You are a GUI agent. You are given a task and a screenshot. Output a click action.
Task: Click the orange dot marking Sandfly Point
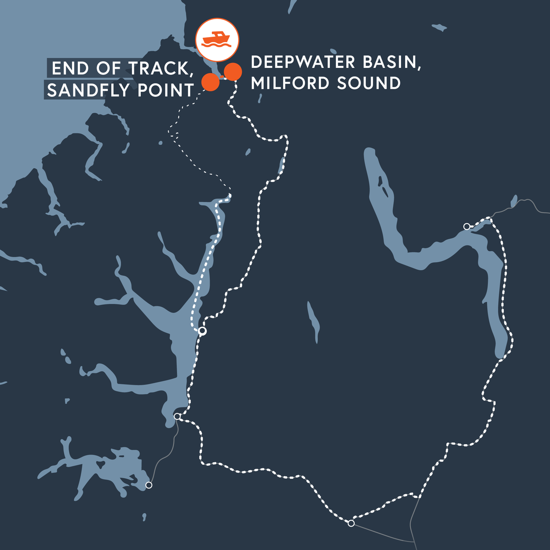pyautogui.click(x=210, y=82)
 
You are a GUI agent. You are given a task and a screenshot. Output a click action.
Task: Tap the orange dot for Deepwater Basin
pyautogui.click(x=233, y=71)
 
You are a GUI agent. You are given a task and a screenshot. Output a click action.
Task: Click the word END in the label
pyautogui.click(x=70, y=68)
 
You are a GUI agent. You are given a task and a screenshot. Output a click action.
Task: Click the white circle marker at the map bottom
pyautogui.click(x=351, y=523)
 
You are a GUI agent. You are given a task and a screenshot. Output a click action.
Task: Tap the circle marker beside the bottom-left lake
pyautogui.click(x=148, y=485)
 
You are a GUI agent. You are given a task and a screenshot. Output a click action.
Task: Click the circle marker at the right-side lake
pyautogui.click(x=467, y=226)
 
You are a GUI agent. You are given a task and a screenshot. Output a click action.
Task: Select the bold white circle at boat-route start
pyautogui.click(x=202, y=331)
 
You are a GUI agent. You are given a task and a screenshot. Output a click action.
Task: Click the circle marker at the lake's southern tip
pyautogui.click(x=177, y=416)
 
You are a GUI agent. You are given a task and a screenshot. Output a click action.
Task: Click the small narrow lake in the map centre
pyautogui.click(x=313, y=321)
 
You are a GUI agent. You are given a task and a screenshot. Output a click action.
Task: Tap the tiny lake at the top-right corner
pyautogui.click(x=439, y=27)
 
